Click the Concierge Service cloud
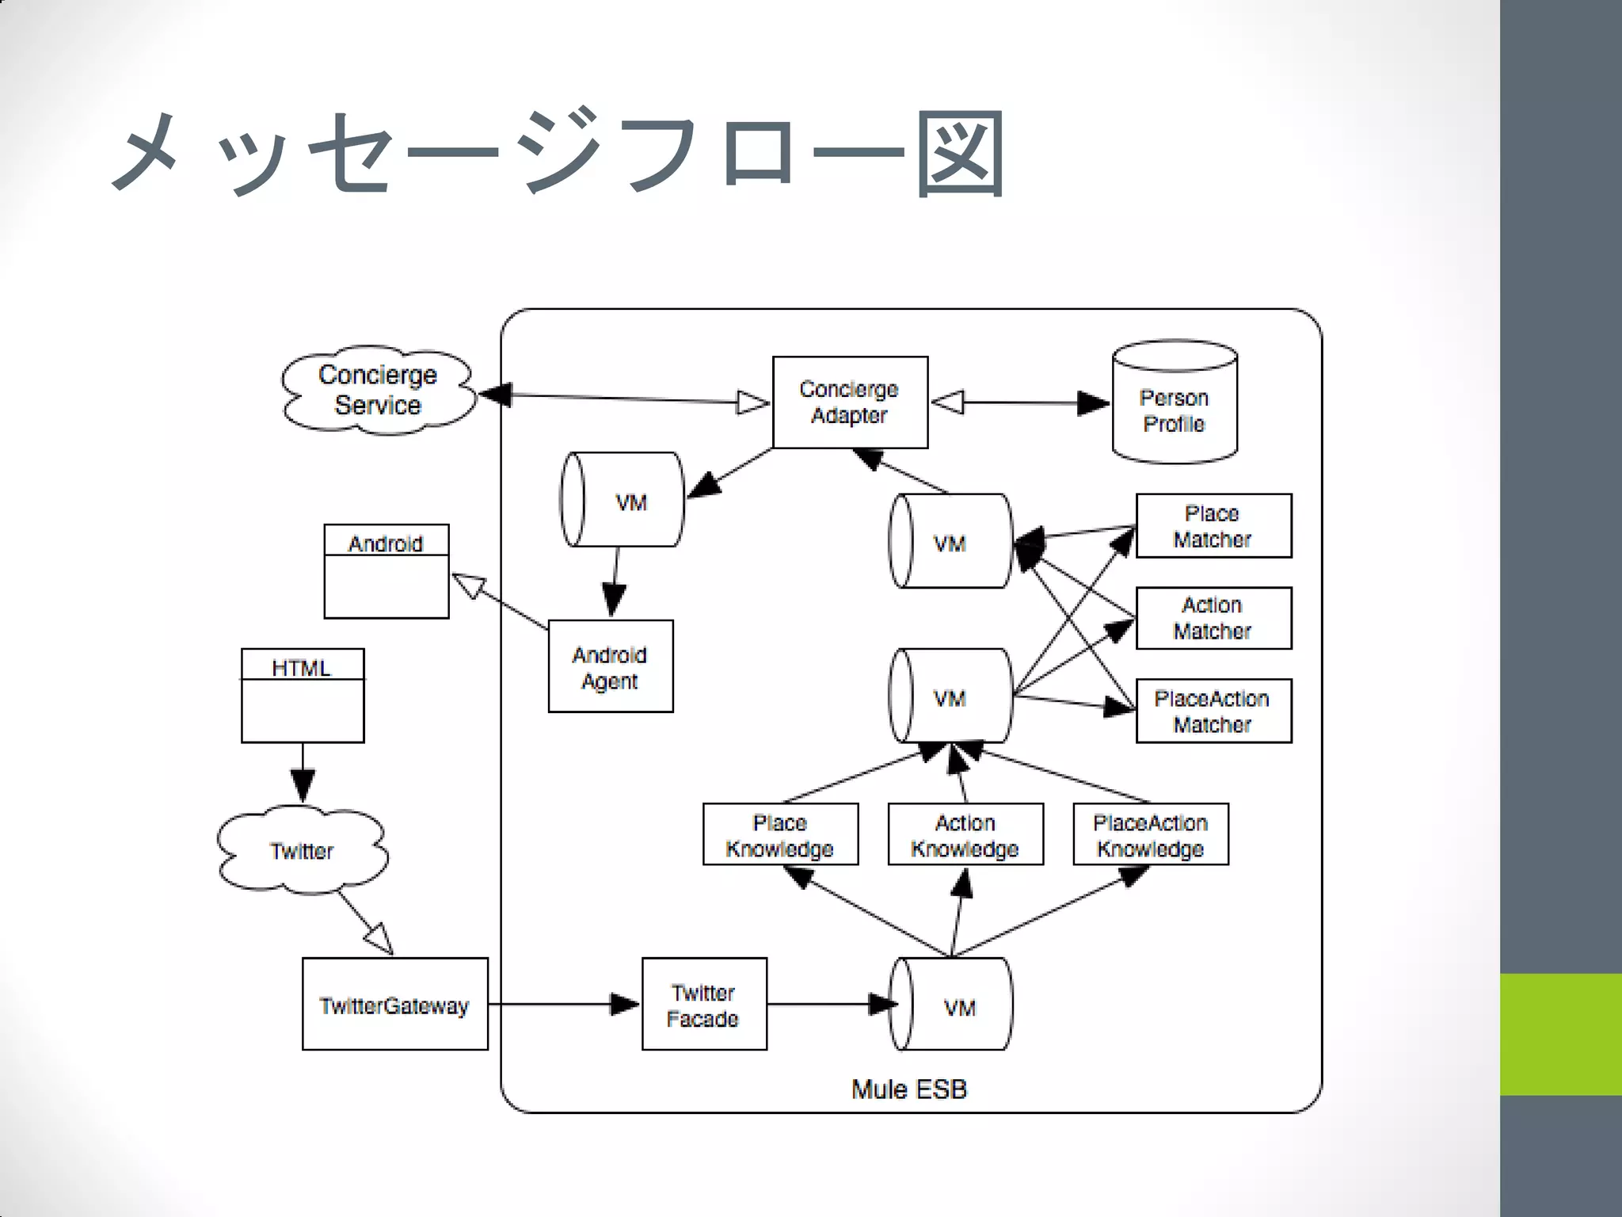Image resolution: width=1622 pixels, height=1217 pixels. point(378,390)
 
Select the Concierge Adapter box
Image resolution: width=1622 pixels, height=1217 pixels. point(850,402)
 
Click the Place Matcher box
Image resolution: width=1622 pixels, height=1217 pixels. point(1213,526)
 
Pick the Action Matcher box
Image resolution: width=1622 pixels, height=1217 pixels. point(1213,618)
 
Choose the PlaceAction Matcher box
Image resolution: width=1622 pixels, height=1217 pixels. point(1213,711)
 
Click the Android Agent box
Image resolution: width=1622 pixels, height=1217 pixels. point(611,666)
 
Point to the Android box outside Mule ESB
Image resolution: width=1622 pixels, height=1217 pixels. point(386,571)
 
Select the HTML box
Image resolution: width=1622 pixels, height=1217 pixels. point(303,696)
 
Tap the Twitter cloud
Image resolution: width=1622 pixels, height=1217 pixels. point(302,851)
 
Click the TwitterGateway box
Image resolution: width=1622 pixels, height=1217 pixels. point(394,1004)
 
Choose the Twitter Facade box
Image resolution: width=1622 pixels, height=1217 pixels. point(704,1004)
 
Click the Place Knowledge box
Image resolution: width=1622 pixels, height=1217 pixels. point(780,834)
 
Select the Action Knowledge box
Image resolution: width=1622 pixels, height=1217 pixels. point(965,834)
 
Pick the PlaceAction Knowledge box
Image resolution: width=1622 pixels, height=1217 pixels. point(1151,834)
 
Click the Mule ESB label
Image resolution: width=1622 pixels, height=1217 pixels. point(909,1089)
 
